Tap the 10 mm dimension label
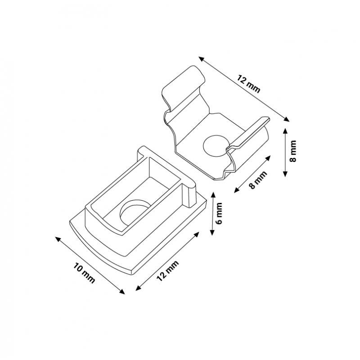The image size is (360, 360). pyautogui.click(x=84, y=273)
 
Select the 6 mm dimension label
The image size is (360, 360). pyautogui.click(x=220, y=214)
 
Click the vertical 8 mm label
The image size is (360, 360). pyautogui.click(x=293, y=151)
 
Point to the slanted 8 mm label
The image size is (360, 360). pyautogui.click(x=258, y=180)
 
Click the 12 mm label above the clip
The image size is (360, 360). pyautogui.click(x=249, y=84)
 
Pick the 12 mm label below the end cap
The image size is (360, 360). pyautogui.click(x=167, y=271)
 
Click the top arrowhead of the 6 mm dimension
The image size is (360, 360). pyautogui.click(x=213, y=195)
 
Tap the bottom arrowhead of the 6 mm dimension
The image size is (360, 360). pyautogui.click(x=212, y=232)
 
